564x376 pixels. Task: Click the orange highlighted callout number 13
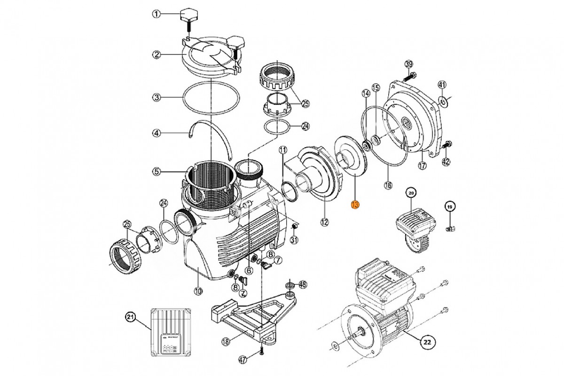click(x=355, y=204)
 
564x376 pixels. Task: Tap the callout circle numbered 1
click(x=157, y=15)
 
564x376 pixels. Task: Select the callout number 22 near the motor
click(x=426, y=342)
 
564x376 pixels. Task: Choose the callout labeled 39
click(x=408, y=64)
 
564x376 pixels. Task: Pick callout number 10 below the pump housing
click(x=198, y=291)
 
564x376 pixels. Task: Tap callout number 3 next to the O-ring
click(x=157, y=98)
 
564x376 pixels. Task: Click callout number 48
click(x=303, y=284)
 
